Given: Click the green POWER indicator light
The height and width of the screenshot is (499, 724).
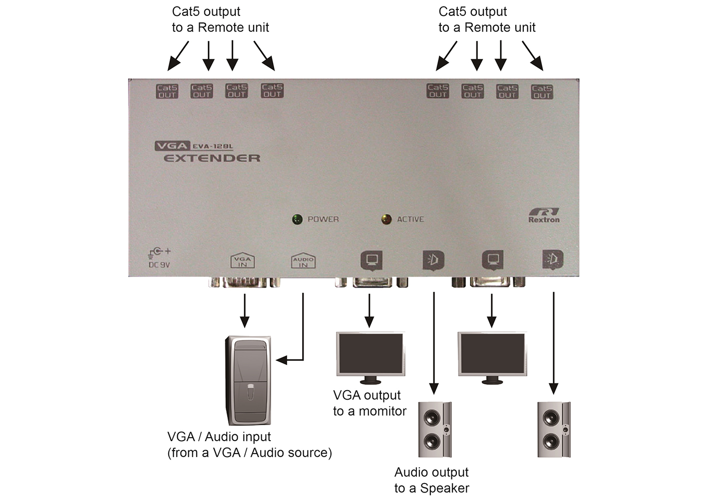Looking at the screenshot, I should [x=297, y=219].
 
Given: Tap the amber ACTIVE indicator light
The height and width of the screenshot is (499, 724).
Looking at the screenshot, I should [x=386, y=219].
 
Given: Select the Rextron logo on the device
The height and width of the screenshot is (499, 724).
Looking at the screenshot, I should [x=544, y=215].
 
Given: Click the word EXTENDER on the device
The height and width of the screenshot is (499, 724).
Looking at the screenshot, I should [x=212, y=158].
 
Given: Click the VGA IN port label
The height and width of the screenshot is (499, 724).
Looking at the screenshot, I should [x=243, y=261].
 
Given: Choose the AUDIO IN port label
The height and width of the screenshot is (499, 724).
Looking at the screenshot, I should [x=303, y=261].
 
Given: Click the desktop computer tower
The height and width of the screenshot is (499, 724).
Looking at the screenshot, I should [x=249, y=380].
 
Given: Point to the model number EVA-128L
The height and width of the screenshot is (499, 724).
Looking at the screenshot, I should [x=213, y=146].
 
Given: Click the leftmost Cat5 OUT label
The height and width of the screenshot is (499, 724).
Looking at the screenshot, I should [x=167, y=91].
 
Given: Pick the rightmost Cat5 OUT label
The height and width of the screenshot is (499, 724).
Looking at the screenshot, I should [x=542, y=92].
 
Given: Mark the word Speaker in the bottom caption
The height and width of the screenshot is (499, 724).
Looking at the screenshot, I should [x=445, y=488].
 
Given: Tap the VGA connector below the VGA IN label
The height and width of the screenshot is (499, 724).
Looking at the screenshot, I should [x=244, y=283].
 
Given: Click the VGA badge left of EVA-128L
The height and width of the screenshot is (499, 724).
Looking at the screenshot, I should [x=172, y=146].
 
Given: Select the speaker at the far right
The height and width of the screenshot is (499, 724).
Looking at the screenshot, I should [x=554, y=429].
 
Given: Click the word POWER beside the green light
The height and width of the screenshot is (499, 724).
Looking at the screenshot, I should [x=323, y=219].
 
